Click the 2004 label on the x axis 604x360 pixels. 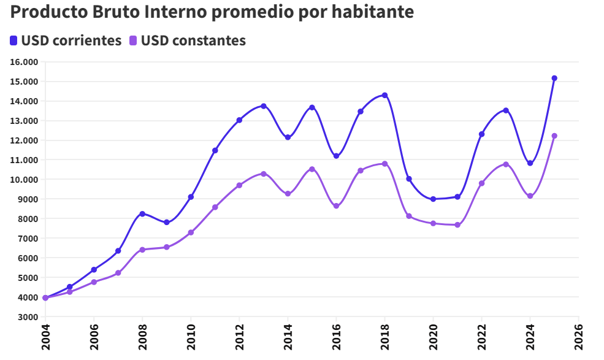(x=45, y=337)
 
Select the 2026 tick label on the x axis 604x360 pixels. (x=579, y=337)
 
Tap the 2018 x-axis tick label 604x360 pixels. (x=385, y=337)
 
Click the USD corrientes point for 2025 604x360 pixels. (x=554, y=79)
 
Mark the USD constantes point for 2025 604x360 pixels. (x=554, y=136)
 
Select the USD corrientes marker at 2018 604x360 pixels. (x=385, y=95)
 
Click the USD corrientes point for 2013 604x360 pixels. (x=264, y=106)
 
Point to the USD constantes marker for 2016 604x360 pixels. (x=336, y=206)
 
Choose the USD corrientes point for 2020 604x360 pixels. (x=433, y=199)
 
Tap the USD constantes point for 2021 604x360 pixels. (x=457, y=225)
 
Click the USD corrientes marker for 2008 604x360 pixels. (x=142, y=214)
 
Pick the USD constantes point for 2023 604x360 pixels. (x=506, y=164)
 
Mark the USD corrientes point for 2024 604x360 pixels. (x=530, y=163)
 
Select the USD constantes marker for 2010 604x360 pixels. (x=191, y=232)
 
